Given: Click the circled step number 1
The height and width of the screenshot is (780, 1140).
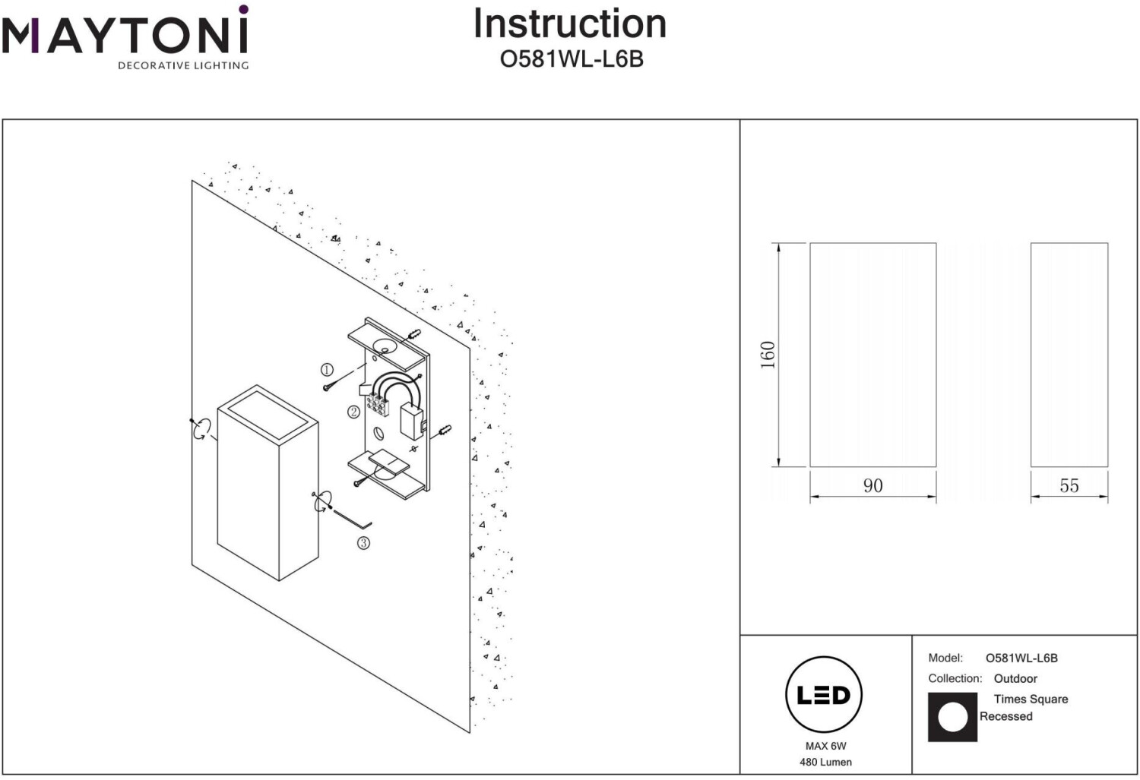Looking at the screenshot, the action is tap(327, 370).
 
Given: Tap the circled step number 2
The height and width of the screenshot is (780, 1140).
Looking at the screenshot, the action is tap(353, 412).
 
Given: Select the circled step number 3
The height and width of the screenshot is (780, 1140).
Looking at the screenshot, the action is tap(363, 543).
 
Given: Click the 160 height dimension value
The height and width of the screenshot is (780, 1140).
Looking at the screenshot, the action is tap(768, 355).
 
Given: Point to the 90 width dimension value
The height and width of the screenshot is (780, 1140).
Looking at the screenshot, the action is tap(872, 485).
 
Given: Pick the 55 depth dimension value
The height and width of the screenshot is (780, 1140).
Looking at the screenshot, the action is tap(1069, 485).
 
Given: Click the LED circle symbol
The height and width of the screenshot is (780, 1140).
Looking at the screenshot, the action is tap(824, 695).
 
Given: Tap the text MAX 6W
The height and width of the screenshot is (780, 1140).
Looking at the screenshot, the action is tap(825, 746).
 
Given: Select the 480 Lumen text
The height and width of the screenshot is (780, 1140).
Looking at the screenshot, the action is tap(825, 763).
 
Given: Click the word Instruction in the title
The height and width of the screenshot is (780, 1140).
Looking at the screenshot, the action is tap(570, 24).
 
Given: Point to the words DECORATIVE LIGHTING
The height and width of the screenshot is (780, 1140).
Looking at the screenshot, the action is tap(183, 65).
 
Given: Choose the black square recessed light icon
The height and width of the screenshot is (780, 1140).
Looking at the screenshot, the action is tap(952, 717).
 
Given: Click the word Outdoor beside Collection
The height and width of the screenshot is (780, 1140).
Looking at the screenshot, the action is tap(1015, 679).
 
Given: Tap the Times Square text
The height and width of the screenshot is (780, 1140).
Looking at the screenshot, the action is tap(1031, 699).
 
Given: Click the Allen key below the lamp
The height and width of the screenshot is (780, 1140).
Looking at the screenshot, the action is tap(352, 519).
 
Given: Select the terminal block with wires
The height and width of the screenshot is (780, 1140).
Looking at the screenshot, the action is tap(378, 404).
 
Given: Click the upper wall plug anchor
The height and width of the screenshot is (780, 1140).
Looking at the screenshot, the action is tap(414, 335).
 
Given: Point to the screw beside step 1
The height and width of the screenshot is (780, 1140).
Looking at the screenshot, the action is tap(329, 387).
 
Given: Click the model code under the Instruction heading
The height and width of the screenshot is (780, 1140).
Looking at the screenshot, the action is tap(572, 59).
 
